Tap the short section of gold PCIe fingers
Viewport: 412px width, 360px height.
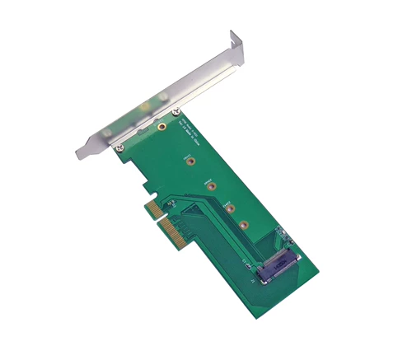click(x=151, y=207)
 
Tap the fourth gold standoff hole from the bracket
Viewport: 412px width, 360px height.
click(x=228, y=205)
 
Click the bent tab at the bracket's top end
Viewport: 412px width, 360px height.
click(x=236, y=38)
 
